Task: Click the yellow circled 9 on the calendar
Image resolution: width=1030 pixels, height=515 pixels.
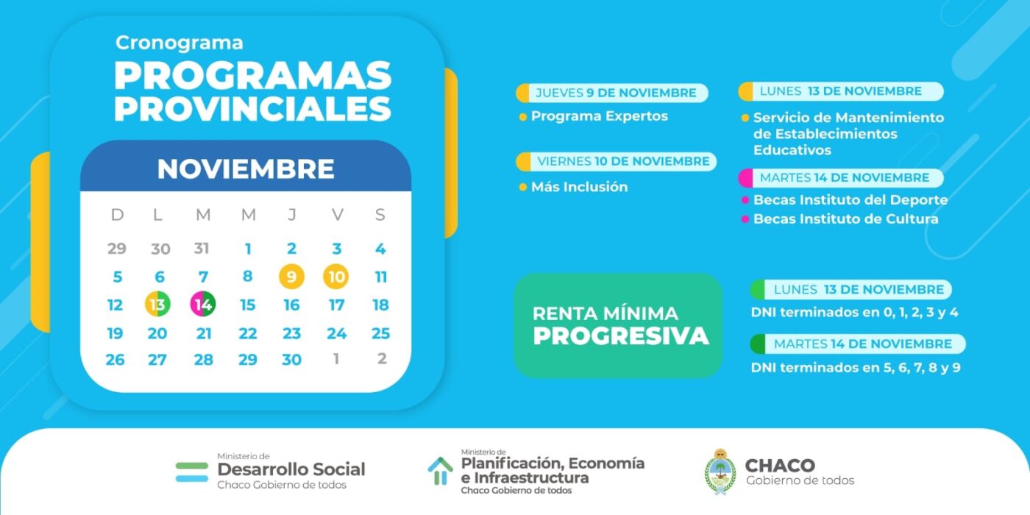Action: [x=291, y=277]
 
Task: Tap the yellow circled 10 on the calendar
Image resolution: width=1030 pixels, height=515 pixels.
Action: [x=336, y=277]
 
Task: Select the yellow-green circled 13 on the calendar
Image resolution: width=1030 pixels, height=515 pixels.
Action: [x=157, y=304]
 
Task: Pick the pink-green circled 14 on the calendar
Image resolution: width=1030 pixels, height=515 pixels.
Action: [x=203, y=304]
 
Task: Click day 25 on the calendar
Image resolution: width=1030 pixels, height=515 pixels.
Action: [x=381, y=333]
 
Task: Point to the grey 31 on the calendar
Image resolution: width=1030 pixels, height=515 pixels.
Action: [x=202, y=249]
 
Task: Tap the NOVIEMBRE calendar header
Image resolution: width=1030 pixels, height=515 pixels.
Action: [x=246, y=168]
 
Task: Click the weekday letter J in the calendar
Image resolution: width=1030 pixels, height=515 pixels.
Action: [x=292, y=214]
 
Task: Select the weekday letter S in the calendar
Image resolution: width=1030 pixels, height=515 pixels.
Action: [x=380, y=214]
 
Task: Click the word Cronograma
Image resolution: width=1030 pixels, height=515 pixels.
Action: [x=180, y=43]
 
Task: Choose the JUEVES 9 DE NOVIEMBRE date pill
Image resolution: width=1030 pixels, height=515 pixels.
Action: [x=612, y=93]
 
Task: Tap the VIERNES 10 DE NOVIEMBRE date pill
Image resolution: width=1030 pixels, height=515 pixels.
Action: [x=617, y=161]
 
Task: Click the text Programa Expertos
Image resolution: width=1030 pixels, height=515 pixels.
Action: [x=600, y=116]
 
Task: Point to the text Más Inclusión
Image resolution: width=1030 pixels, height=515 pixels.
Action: [x=580, y=187]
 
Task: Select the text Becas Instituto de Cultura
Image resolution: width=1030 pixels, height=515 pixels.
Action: [x=846, y=219]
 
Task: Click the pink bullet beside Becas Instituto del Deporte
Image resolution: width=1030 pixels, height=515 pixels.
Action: [x=745, y=200]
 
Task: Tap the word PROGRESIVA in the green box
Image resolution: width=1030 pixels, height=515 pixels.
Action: [x=621, y=335]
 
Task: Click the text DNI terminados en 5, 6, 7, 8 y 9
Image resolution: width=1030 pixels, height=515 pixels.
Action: [x=856, y=367]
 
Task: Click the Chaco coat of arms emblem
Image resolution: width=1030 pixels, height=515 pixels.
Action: [x=720, y=472]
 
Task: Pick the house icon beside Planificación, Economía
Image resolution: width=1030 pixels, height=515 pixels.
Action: [x=440, y=471]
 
